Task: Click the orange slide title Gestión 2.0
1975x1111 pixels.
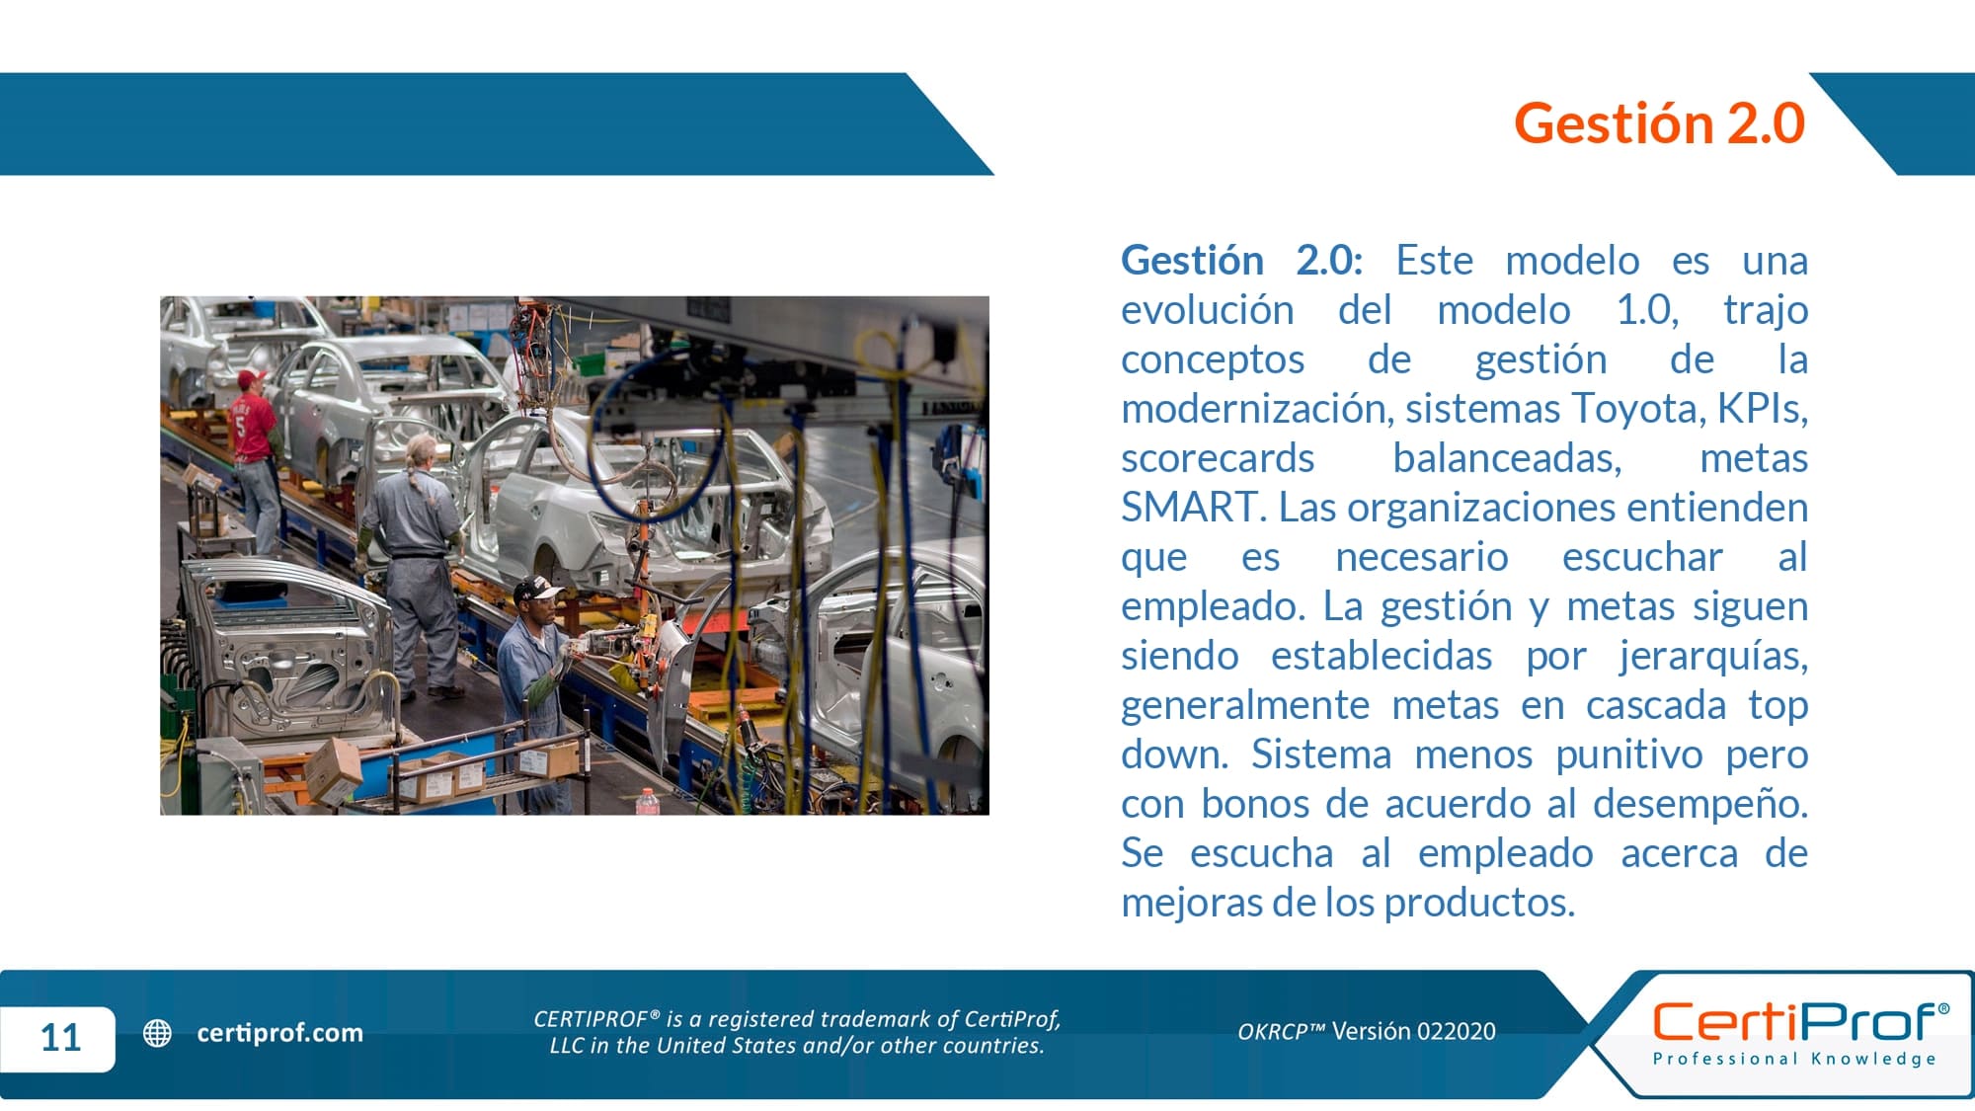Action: [1659, 123]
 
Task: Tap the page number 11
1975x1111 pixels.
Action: [60, 1037]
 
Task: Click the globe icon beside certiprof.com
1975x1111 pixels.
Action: [157, 1033]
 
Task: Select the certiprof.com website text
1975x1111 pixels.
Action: [279, 1033]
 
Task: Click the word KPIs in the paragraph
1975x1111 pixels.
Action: [1763, 409]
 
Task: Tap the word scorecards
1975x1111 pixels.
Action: [1218, 458]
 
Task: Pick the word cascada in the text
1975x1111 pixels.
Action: [1656, 705]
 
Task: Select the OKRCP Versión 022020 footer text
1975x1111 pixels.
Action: [1367, 1031]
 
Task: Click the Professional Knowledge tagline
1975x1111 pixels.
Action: [1795, 1059]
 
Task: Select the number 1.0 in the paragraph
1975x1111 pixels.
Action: [1646, 310]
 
